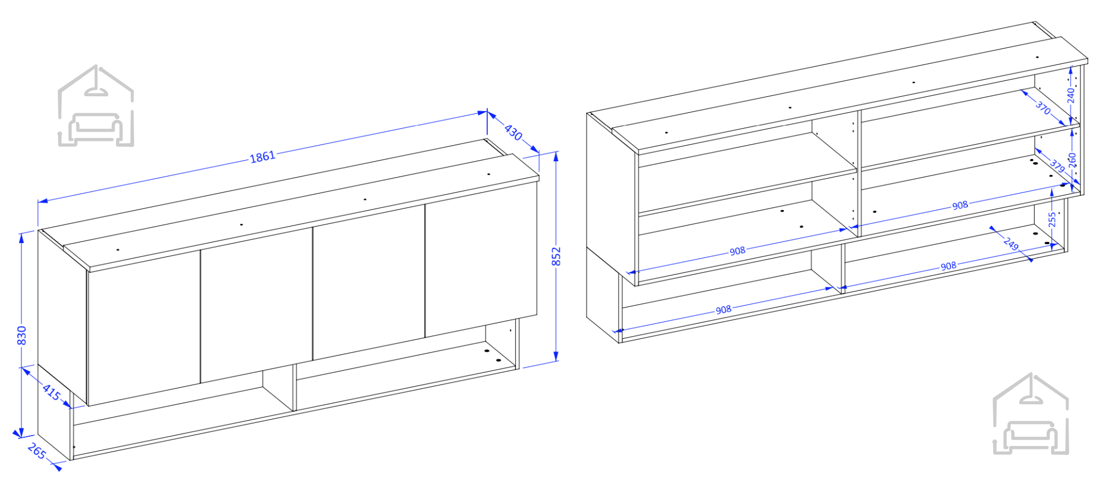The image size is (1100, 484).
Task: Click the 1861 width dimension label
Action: coord(262,157)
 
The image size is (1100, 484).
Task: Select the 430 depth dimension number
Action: coord(513,132)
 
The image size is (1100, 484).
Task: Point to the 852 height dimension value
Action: coord(556,256)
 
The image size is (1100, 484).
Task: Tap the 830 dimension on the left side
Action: coord(21,335)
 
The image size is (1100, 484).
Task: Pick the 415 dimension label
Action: coord(52,392)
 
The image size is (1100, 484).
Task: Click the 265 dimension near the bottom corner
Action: coord(37,451)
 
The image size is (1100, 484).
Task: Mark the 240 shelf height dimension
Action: coord(1071,96)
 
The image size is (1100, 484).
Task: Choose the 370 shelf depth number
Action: coord(1043,107)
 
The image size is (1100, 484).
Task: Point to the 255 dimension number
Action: coord(1052,219)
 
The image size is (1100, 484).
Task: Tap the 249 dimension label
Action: coord(1011,244)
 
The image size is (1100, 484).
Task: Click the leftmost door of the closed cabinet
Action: coord(144,328)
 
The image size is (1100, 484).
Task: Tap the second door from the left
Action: coord(257,305)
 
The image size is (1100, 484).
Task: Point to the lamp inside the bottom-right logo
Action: coord(1031,392)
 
